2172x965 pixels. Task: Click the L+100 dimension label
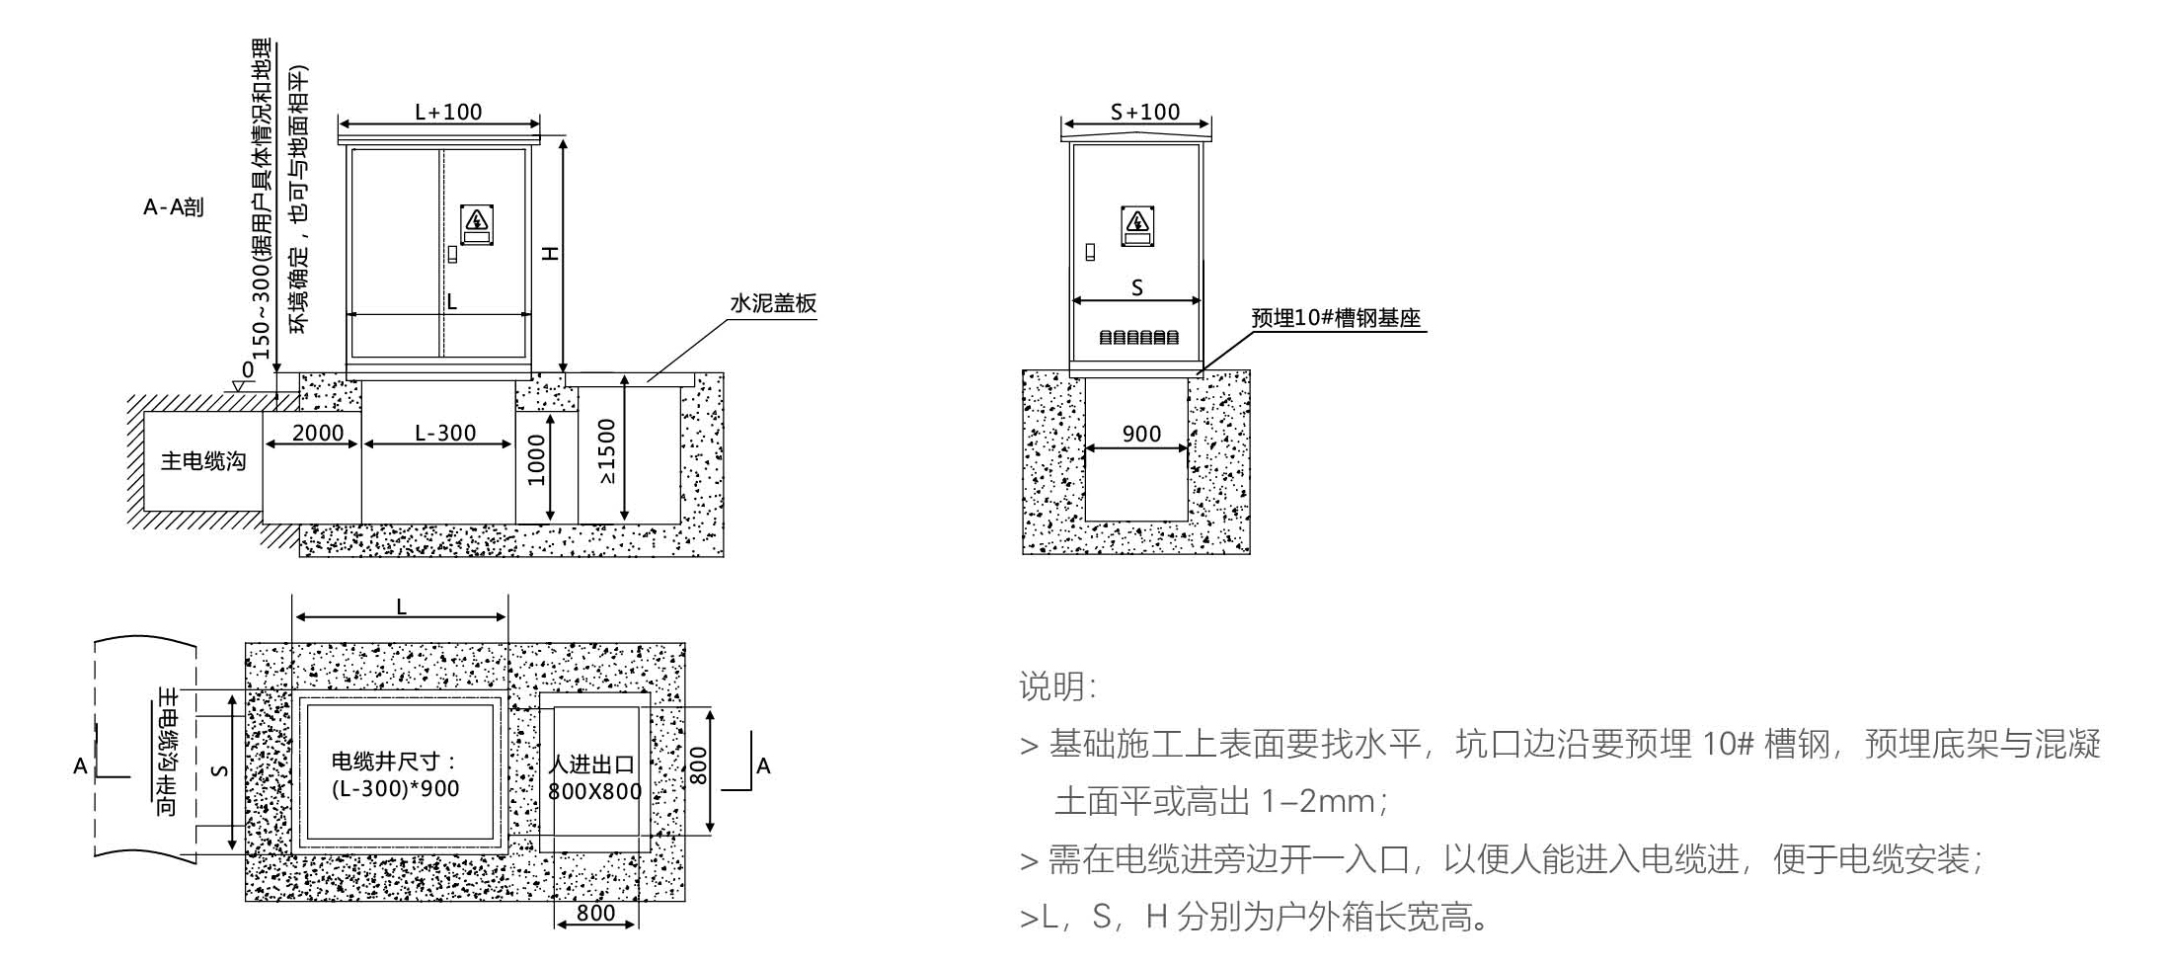click(x=448, y=112)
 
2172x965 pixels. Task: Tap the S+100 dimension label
click(x=1145, y=112)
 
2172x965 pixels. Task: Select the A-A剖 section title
click(x=174, y=207)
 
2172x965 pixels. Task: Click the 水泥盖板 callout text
click(x=773, y=303)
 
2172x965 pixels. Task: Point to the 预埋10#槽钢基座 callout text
click(x=1336, y=318)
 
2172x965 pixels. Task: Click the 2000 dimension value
click(x=318, y=433)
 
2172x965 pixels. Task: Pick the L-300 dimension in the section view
click(x=445, y=433)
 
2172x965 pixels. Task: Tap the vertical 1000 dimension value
click(x=536, y=460)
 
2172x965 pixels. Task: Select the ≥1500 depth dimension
click(x=606, y=452)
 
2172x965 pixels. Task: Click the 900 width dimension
click(x=1141, y=434)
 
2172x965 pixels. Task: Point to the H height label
click(x=551, y=254)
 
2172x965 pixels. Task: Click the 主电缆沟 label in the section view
click(x=203, y=461)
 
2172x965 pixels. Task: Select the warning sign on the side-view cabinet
click(x=1137, y=225)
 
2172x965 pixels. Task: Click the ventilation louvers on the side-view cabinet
click(x=1138, y=338)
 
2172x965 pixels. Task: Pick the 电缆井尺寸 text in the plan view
click(x=394, y=762)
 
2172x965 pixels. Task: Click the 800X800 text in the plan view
click(x=595, y=791)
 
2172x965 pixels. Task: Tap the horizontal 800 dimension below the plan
click(x=595, y=913)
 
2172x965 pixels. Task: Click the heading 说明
click(x=1056, y=686)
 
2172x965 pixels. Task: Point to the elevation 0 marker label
click(x=248, y=368)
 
